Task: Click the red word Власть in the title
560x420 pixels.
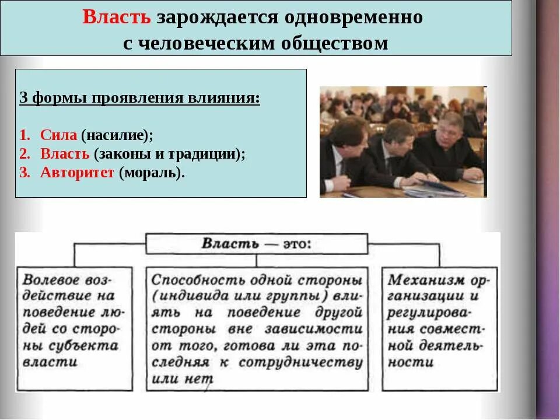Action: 117,17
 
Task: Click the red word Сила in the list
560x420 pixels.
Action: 58,135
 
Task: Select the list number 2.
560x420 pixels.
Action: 24,154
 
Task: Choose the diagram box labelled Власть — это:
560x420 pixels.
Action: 256,243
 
